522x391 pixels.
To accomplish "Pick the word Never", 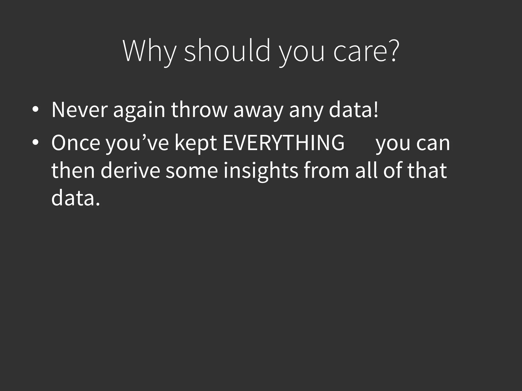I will pyautogui.click(x=79, y=110).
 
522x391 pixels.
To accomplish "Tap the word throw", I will pyautogui.click(x=199, y=110).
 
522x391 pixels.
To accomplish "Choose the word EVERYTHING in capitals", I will pyautogui.click(x=283, y=143).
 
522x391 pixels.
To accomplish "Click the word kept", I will pyautogui.click(x=196, y=143).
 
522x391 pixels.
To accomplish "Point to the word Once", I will pyautogui.click(x=76, y=143).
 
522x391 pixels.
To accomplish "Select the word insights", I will pyautogui.click(x=260, y=171).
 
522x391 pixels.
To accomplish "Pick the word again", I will pyautogui.click(x=139, y=110).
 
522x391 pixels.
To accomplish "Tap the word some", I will pyautogui.click(x=192, y=171).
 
